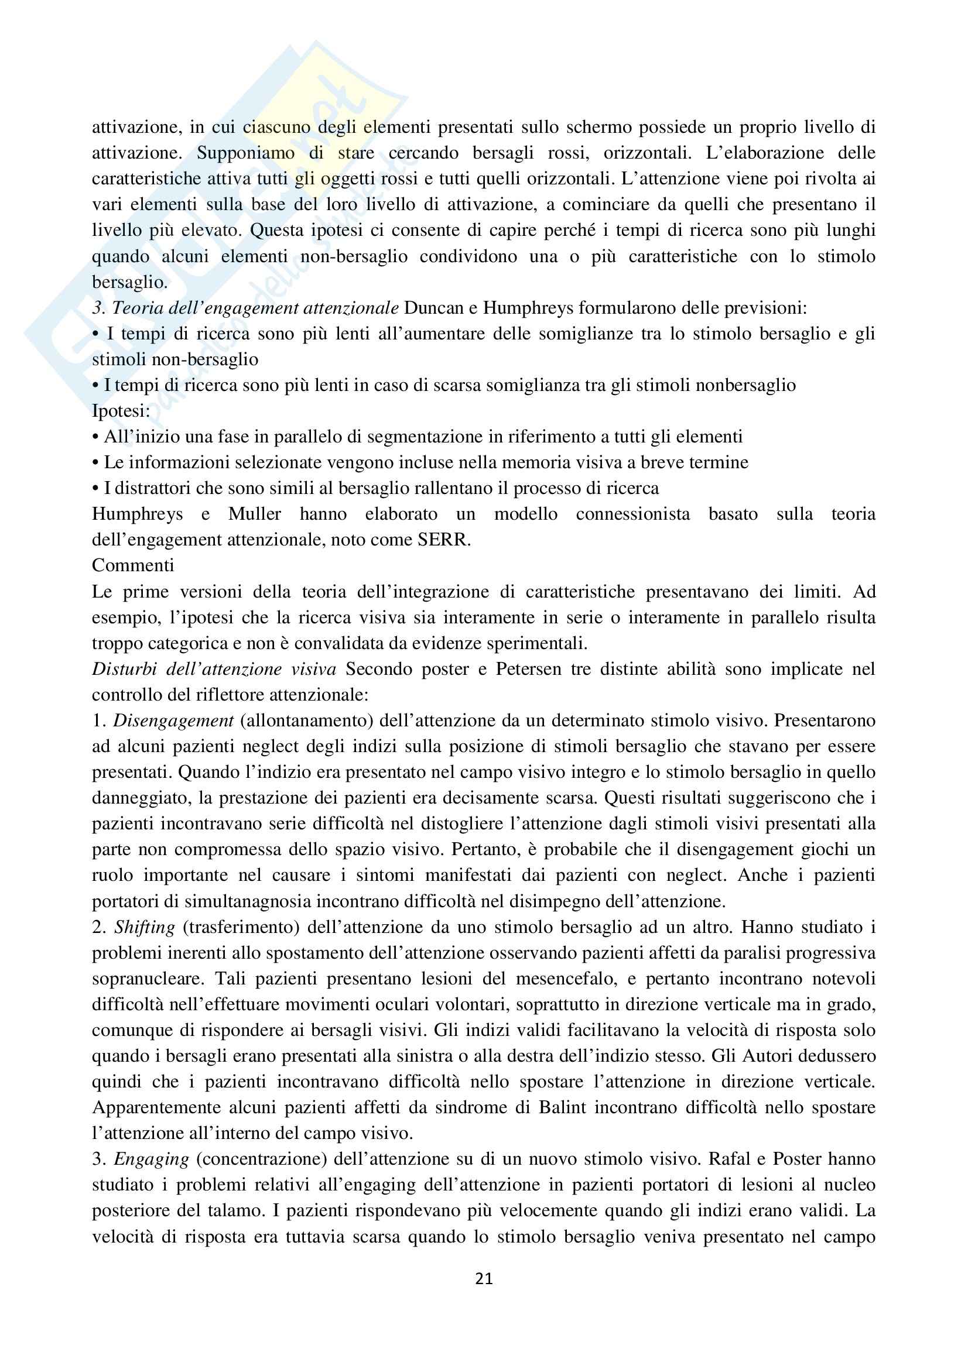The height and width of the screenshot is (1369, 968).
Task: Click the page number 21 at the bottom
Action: pos(484,1278)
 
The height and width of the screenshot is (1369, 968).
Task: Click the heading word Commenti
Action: pos(133,565)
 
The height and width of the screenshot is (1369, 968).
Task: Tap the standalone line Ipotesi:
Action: pos(121,411)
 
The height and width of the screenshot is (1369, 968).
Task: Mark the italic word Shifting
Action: pos(144,928)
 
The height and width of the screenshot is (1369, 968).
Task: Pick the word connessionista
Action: pos(633,514)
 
